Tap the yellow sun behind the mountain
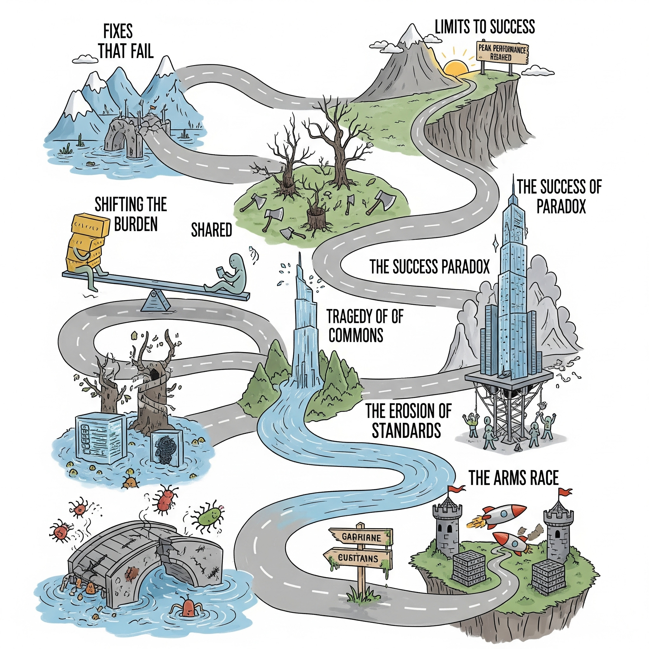[x=455, y=67]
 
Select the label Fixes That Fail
[x=125, y=42]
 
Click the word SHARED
[x=211, y=230]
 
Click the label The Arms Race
[x=513, y=478]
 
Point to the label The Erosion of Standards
[x=408, y=421]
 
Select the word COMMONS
[x=356, y=335]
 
